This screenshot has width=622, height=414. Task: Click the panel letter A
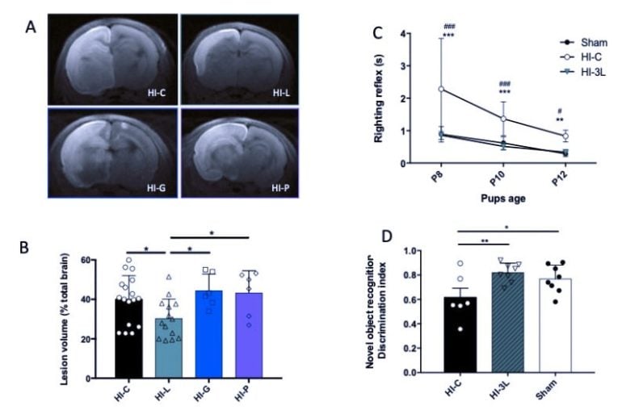tap(31, 27)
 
